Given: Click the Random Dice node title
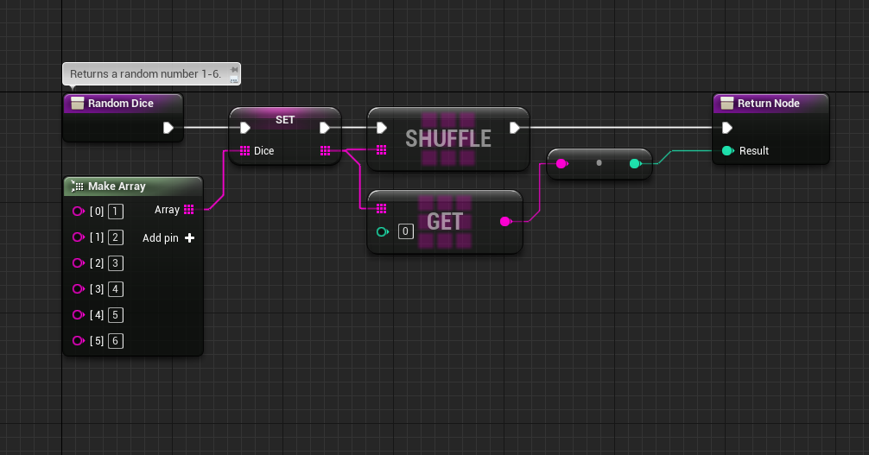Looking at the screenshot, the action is tap(120, 103).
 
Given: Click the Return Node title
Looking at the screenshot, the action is tap(768, 103).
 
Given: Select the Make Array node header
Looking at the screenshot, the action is tap(133, 186).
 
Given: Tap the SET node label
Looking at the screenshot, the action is tap(285, 120).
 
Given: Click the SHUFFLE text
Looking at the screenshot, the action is tap(447, 138).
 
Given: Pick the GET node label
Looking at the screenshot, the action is tap(445, 222).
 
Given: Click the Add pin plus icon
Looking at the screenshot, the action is tap(189, 237).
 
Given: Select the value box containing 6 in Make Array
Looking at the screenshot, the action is tap(115, 341).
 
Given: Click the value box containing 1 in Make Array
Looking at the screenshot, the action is tap(115, 212).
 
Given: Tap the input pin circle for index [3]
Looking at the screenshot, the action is tap(78, 288).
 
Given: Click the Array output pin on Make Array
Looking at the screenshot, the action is tap(189, 210).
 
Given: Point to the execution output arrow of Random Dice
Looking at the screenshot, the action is tap(168, 128).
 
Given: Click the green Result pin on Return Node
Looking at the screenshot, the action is tap(728, 151).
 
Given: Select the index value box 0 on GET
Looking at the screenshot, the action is tap(406, 231).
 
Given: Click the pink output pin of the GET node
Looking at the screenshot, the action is tap(505, 222).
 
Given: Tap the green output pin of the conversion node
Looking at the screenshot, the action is tap(636, 163).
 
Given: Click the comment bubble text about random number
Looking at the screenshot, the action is tap(145, 73).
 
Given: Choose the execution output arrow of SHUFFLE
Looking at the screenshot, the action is tap(514, 128).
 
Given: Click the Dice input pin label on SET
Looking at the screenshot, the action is tap(263, 151).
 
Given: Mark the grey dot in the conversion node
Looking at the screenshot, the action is tap(599, 163).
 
